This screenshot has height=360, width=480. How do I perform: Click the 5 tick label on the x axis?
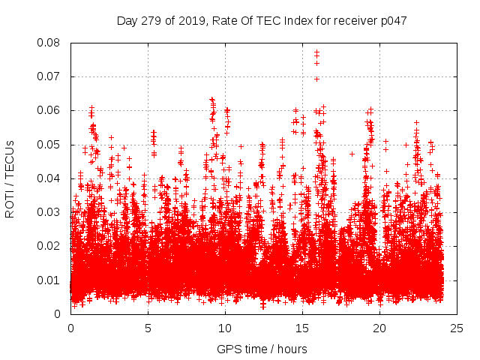click(x=148, y=328)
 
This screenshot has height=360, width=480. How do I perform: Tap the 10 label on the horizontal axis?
click(x=225, y=328)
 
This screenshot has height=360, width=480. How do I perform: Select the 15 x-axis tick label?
click(x=302, y=328)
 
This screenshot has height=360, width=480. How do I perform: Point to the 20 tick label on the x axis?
click(x=380, y=328)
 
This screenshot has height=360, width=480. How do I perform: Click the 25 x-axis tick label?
click(x=457, y=328)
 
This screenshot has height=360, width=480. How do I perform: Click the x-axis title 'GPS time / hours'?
click(x=262, y=349)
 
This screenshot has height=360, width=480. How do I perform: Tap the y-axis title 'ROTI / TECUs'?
click(x=10, y=178)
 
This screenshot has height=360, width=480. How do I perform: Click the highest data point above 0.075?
click(x=316, y=52)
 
